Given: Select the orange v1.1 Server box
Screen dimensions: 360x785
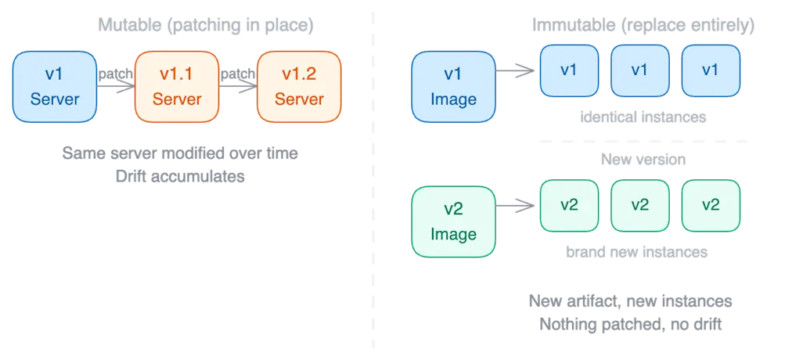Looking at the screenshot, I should click(177, 86).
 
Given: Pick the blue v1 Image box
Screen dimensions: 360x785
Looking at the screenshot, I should click(453, 86).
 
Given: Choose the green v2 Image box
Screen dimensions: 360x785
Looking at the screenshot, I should click(453, 221).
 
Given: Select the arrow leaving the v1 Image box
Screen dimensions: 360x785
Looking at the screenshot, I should click(517, 73).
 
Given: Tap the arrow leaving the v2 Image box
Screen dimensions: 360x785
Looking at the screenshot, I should click(517, 206).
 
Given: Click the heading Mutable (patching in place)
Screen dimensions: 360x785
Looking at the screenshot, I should click(206, 26).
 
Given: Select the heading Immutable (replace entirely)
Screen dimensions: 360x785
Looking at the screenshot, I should click(643, 26).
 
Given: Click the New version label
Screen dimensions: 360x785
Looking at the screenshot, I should click(643, 160).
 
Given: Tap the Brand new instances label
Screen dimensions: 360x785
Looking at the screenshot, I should click(636, 253).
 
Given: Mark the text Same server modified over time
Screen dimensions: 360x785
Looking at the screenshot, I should click(180, 153).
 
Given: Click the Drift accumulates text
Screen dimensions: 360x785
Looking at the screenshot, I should click(180, 177).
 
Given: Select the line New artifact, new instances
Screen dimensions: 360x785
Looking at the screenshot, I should click(631, 301).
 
